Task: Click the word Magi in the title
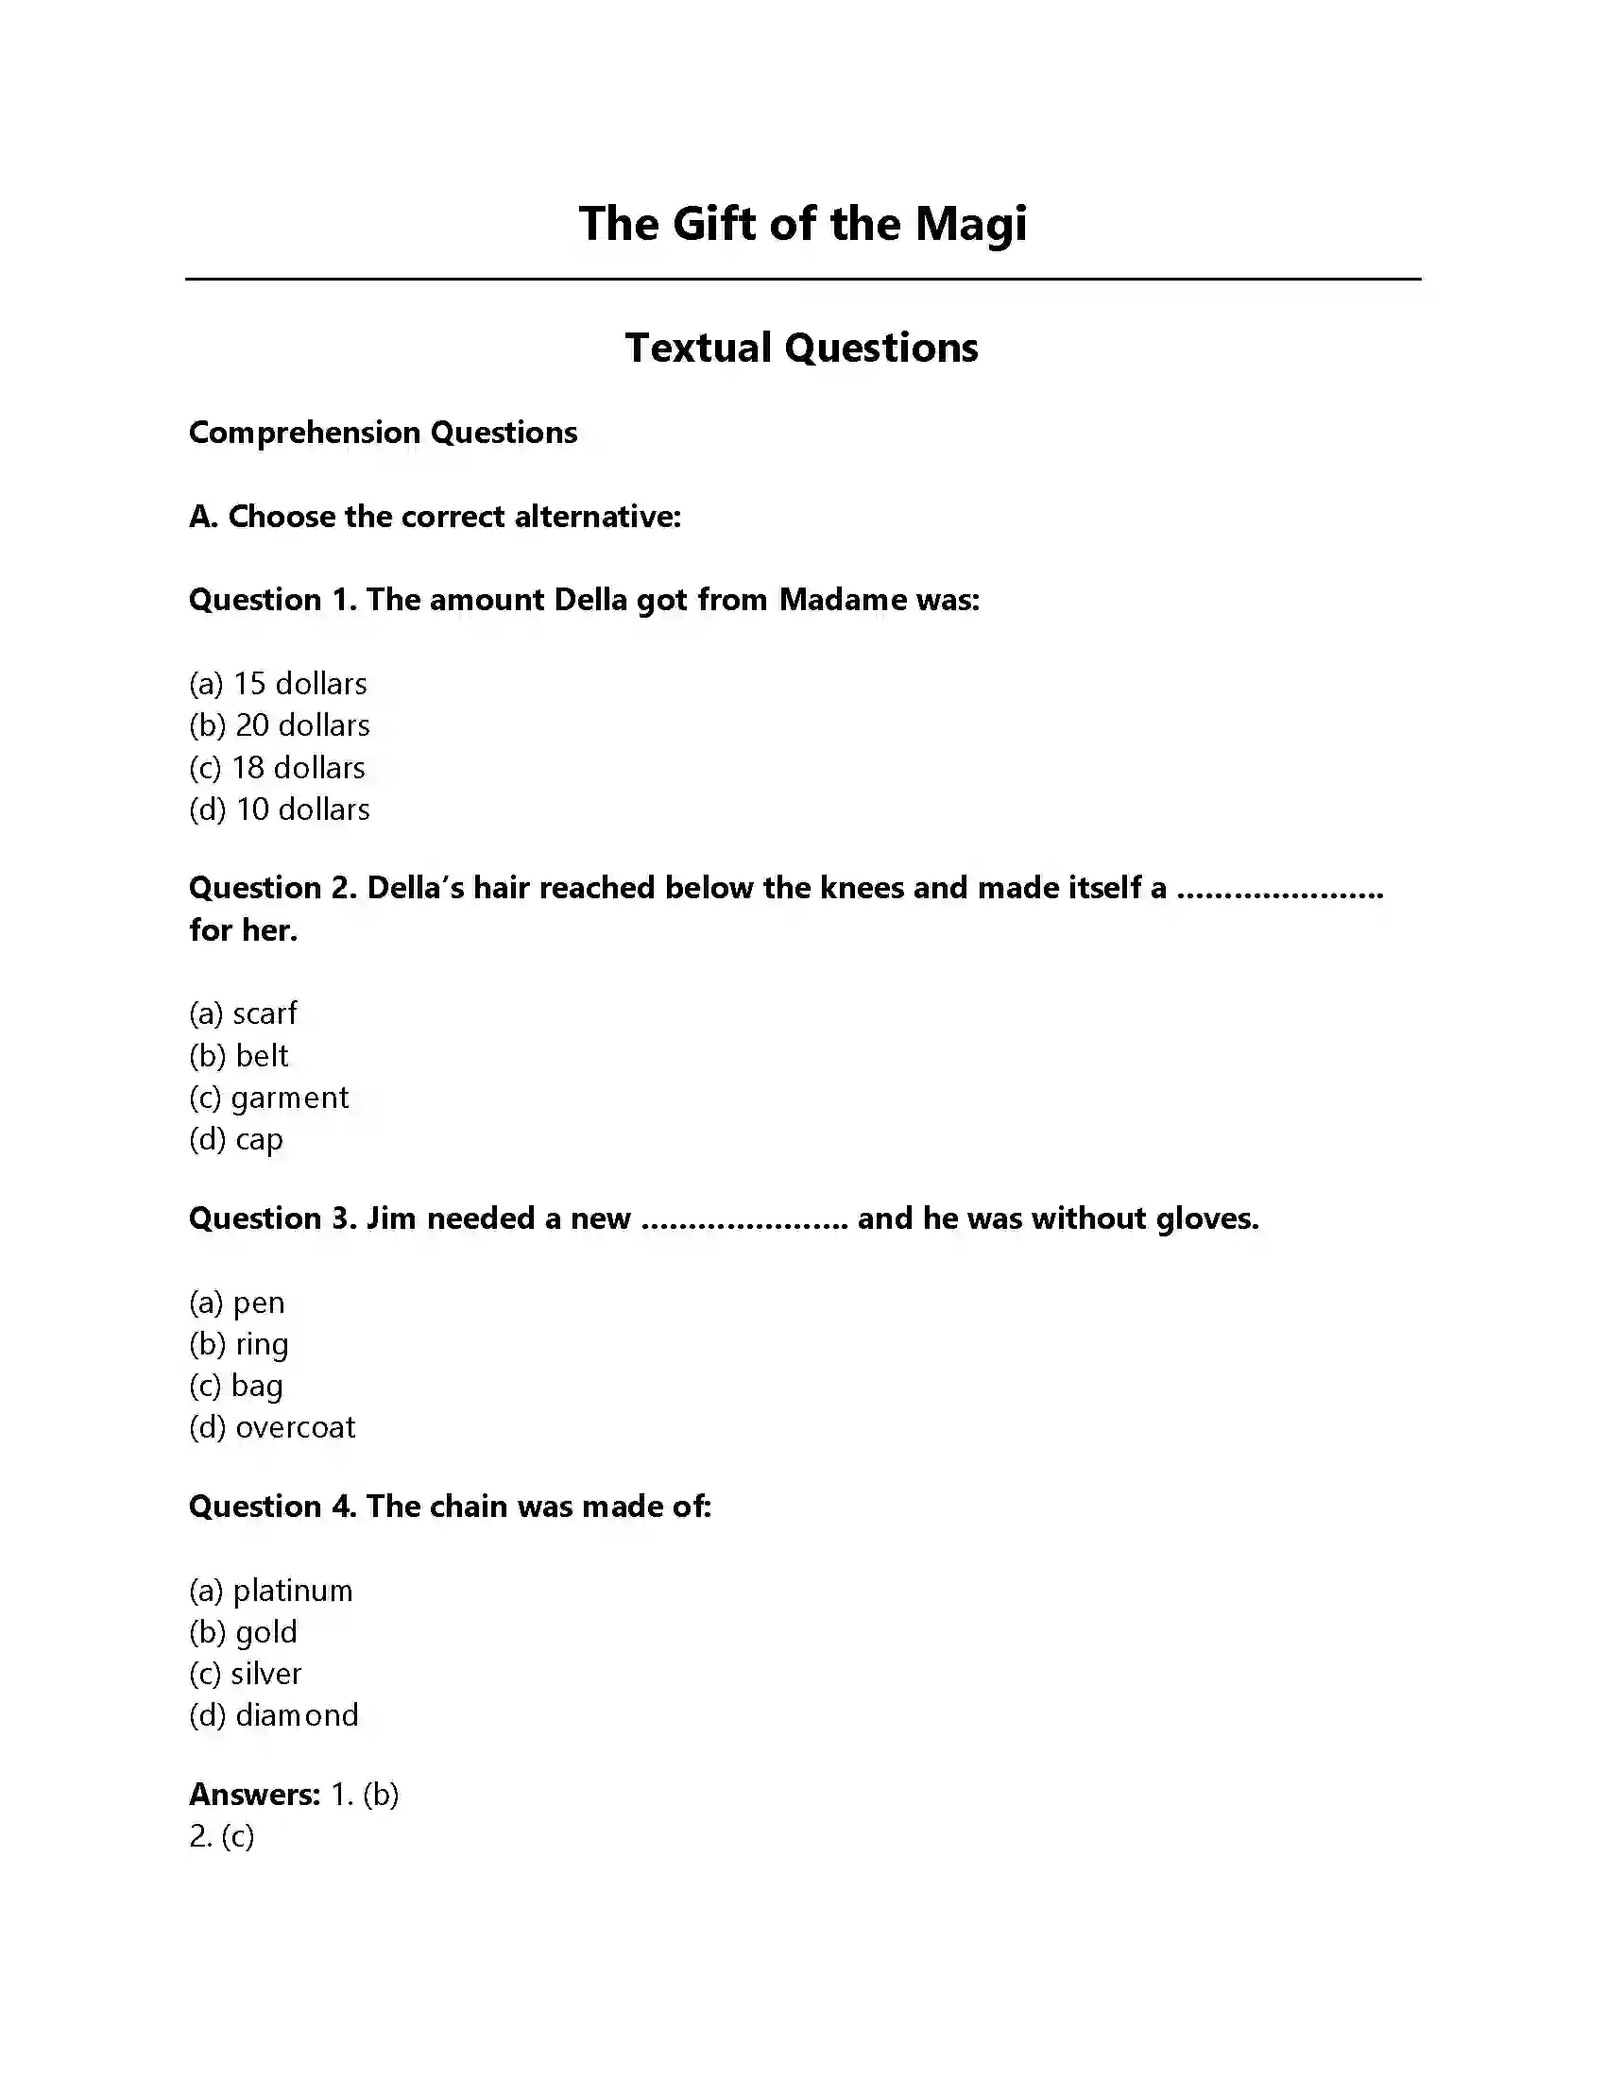pos(970,225)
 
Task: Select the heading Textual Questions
pos(801,348)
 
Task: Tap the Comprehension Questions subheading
pos(383,433)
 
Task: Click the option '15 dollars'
pos(278,683)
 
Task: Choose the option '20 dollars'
pos(280,725)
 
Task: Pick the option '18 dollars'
pos(277,767)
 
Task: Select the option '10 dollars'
pos(280,809)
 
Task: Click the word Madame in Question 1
pos(843,600)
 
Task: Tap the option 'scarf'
pos(244,1013)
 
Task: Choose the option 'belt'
pos(239,1055)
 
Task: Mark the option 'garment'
pos(269,1097)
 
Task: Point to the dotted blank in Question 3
pos(744,1218)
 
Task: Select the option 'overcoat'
pos(272,1427)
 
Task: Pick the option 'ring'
pos(239,1343)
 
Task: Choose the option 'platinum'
pos(271,1590)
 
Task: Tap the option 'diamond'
pos(274,1715)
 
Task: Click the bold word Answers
pos(254,1795)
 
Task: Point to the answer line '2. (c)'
pos(222,1836)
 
